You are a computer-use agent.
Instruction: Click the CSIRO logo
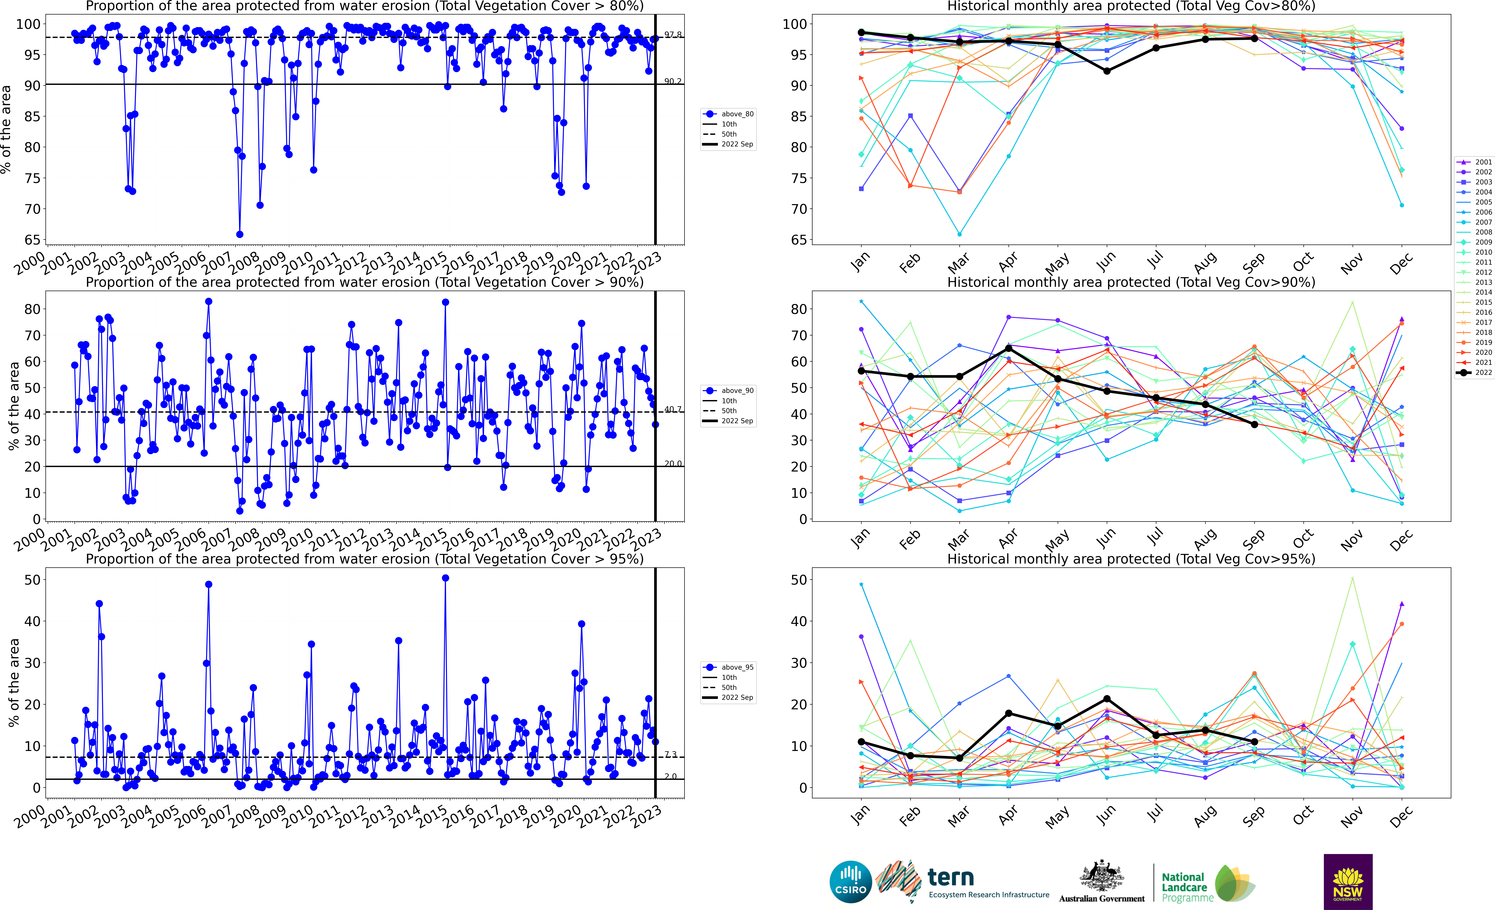click(x=850, y=881)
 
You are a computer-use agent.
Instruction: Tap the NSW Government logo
click(x=1348, y=881)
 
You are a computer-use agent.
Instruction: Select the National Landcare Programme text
click(x=1186, y=887)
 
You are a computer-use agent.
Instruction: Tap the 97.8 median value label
click(x=672, y=35)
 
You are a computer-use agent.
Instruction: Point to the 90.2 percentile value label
click(x=672, y=81)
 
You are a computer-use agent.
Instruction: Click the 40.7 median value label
click(x=672, y=409)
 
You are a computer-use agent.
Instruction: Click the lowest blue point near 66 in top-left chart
click(x=240, y=234)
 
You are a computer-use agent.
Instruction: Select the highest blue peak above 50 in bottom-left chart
click(x=445, y=578)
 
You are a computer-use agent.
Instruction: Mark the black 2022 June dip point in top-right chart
click(x=1107, y=71)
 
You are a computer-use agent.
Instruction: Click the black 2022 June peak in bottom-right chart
click(x=1107, y=699)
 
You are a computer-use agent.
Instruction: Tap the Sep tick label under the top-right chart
click(x=1254, y=262)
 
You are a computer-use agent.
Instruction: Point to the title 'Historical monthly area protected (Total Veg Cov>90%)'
click(x=1131, y=282)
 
